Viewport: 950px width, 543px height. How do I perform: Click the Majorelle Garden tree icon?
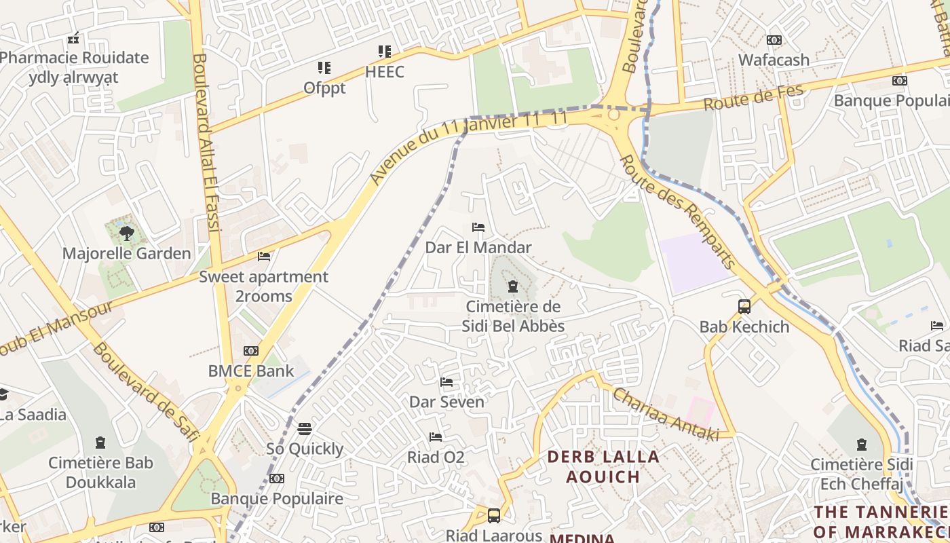click(x=126, y=234)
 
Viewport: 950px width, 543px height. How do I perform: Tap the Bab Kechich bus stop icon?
click(x=744, y=307)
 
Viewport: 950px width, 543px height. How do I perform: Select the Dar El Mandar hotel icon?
click(x=478, y=227)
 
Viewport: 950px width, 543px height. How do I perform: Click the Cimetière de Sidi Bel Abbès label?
click(x=513, y=316)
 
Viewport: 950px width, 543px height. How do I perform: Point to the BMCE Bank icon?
click(x=251, y=351)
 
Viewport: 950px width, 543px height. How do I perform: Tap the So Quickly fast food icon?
click(x=305, y=429)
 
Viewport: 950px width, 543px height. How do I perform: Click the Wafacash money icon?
click(x=774, y=40)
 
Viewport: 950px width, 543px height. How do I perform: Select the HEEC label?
click(x=385, y=72)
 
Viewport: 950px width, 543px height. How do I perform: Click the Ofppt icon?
click(x=324, y=68)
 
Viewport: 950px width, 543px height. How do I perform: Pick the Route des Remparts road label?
click(x=678, y=211)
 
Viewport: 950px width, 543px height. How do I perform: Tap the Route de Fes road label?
click(x=753, y=98)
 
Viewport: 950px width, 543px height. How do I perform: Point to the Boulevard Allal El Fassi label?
click(x=207, y=143)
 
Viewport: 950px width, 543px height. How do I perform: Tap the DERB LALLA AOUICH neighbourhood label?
click(x=603, y=466)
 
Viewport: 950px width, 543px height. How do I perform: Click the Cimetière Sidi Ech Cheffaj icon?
click(x=861, y=445)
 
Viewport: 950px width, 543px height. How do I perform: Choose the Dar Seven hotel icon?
click(x=446, y=382)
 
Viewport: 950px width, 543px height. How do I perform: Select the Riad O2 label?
click(x=436, y=457)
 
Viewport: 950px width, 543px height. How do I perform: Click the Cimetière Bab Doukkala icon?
click(x=100, y=443)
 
